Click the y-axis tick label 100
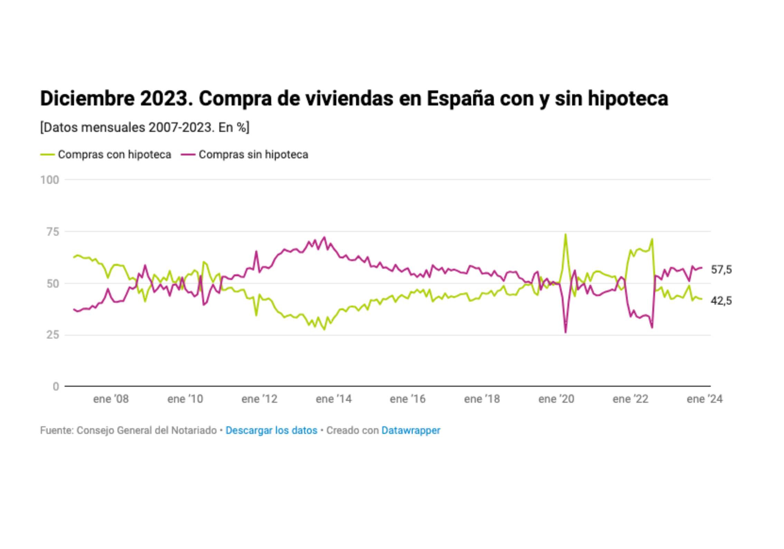point(50,180)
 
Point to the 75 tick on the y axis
point(53,232)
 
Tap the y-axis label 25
point(53,335)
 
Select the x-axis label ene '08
point(111,399)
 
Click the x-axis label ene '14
point(334,399)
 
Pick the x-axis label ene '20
point(556,399)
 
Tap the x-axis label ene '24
point(704,399)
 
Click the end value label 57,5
point(721,269)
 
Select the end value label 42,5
point(721,301)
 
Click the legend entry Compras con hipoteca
point(114,154)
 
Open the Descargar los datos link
point(271,430)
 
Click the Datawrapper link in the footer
point(411,430)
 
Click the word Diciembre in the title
point(87,98)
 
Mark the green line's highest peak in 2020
point(566,235)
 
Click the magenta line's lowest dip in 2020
point(566,332)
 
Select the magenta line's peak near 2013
point(324,237)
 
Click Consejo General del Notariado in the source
point(147,430)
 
